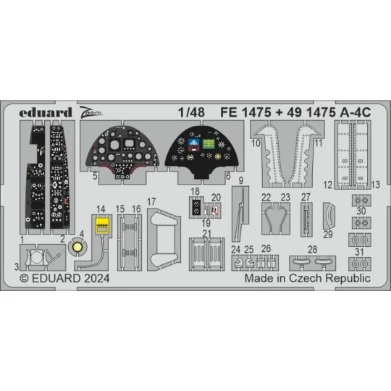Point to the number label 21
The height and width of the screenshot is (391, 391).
(x=206, y=233)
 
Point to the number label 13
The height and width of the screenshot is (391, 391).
(x=376, y=185)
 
